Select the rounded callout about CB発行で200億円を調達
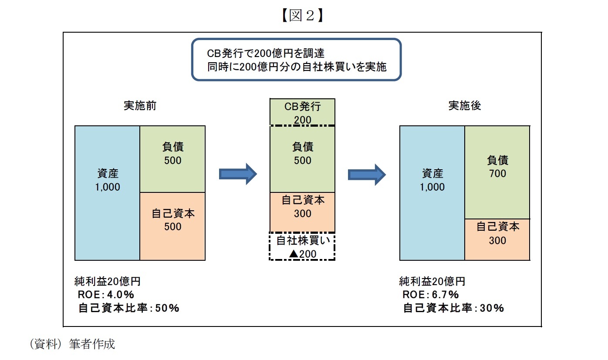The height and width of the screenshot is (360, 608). click(296, 60)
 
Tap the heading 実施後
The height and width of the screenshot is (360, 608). click(465, 106)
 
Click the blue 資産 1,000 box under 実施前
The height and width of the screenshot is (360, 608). click(107, 193)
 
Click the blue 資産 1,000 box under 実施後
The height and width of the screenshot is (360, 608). click(432, 193)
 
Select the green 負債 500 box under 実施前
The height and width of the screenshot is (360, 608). click(172, 159)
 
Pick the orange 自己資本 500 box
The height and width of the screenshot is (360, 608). click(172, 226)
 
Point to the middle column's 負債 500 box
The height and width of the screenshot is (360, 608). click(303, 159)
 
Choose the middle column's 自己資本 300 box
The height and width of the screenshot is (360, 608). click(303, 212)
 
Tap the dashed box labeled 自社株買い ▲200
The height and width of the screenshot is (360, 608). click(303, 247)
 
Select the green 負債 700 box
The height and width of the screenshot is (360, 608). click(497, 172)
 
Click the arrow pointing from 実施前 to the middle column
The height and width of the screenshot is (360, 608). click(238, 174)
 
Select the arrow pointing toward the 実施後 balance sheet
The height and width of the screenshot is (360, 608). click(367, 174)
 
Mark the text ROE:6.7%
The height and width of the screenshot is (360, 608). click(430, 295)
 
